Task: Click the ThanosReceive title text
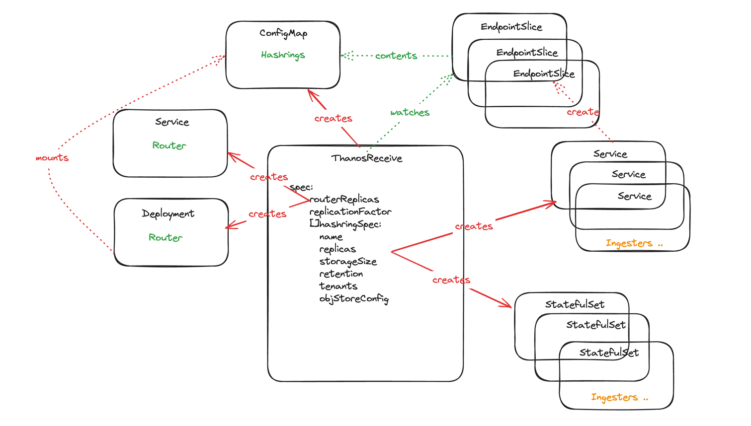point(366,158)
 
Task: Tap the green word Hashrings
point(283,55)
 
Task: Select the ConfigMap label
point(283,33)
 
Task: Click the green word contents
point(396,56)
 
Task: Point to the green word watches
point(410,113)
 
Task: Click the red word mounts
point(52,158)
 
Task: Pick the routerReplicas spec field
point(344,200)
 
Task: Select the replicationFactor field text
point(350,212)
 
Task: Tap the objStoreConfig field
point(354,299)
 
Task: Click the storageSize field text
point(348,262)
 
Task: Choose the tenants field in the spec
point(338,286)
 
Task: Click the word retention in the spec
point(341,274)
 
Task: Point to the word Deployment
point(168,214)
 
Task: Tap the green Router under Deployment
point(166,238)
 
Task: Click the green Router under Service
point(169,145)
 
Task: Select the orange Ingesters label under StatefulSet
point(619,397)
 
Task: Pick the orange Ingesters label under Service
point(634,243)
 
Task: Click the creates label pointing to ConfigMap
point(333,119)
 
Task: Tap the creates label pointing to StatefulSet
point(451,280)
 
